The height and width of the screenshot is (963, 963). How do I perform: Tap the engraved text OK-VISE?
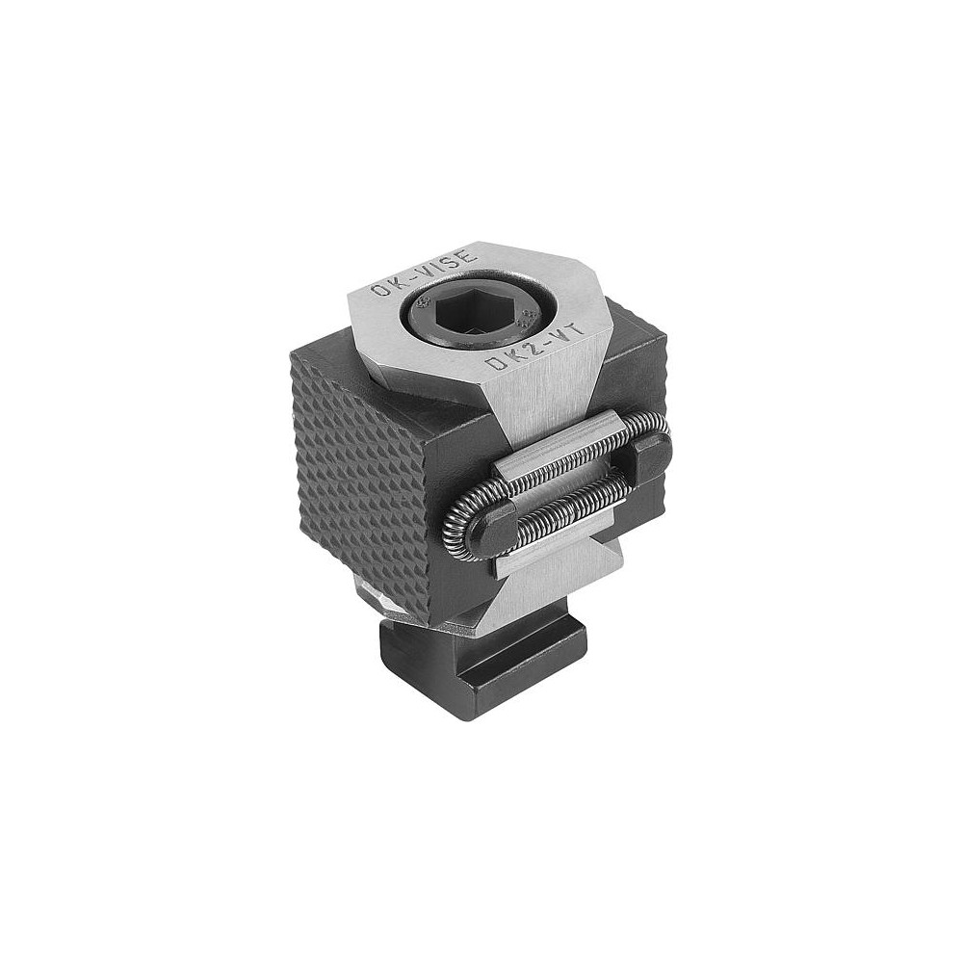pos(424,271)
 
